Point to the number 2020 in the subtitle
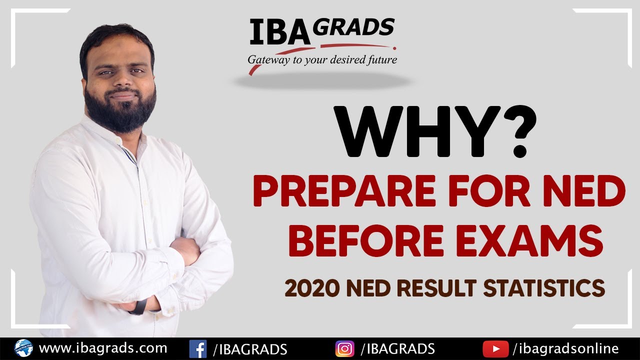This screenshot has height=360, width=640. [307, 288]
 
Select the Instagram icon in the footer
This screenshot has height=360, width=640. [344, 348]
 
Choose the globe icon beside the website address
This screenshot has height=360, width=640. [23, 348]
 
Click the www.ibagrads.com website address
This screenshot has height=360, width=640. [102, 348]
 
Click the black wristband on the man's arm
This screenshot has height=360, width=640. [138, 306]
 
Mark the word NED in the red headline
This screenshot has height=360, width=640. [590, 194]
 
